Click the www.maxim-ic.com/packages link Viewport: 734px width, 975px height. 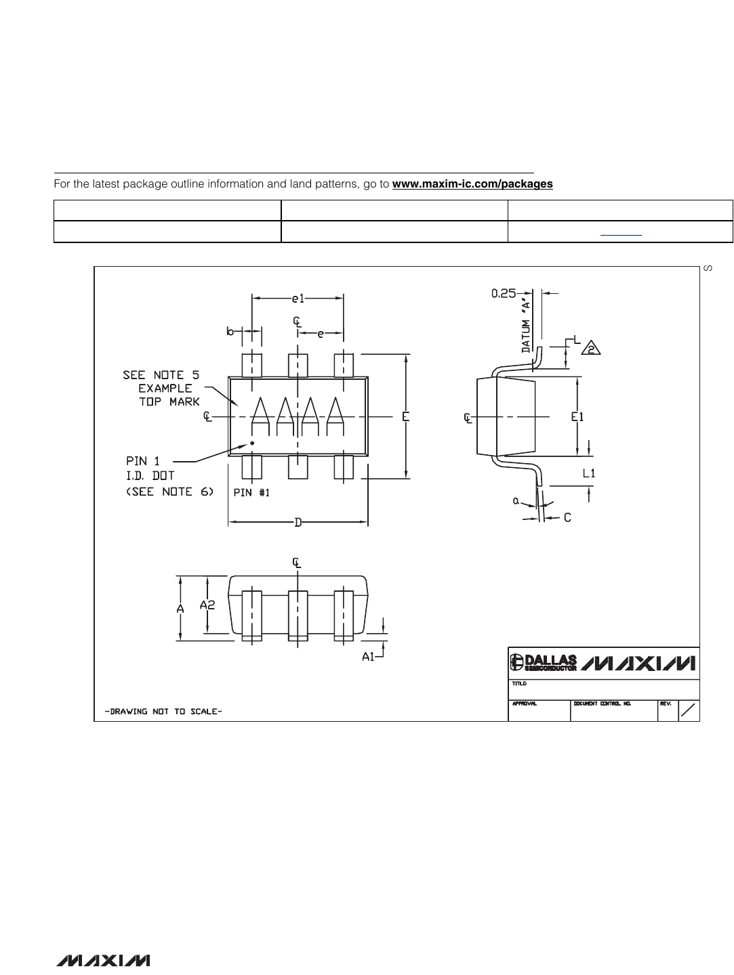tap(472, 183)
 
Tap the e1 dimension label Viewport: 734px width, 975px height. tap(298, 298)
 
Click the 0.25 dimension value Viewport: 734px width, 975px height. tap(503, 294)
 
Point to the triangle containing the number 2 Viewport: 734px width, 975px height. tap(591, 349)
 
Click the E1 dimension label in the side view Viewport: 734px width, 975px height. tap(577, 417)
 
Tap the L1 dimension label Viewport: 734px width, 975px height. tap(589, 474)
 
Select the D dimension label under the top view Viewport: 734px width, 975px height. tap(298, 522)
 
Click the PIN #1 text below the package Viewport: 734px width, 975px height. tap(251, 493)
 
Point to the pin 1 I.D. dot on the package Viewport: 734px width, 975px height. tap(252, 443)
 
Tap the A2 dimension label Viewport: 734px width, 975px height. tap(207, 605)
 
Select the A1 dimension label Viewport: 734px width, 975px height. tap(368, 656)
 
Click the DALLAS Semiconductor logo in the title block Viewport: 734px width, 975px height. tap(544, 662)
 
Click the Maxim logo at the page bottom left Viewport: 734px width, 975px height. tap(104, 960)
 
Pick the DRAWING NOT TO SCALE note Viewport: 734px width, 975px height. tap(163, 712)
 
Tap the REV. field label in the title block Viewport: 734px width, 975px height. tap(665, 703)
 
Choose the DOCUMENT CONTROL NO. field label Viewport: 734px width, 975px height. tap(602, 703)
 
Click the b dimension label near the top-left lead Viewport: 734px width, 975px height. tap(230, 331)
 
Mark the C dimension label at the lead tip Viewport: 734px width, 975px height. tap(567, 517)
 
